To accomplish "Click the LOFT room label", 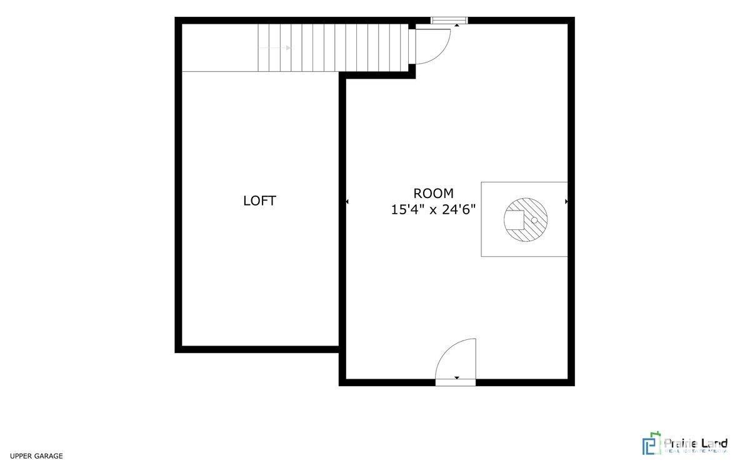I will coord(259,201).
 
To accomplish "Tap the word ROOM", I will coord(433,194).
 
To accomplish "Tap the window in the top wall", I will coord(449,20).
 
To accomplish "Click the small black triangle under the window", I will coord(457,24).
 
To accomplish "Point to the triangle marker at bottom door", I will coord(457,378).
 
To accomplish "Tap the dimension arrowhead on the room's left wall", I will coord(347,201).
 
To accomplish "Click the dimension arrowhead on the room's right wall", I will coord(566,201).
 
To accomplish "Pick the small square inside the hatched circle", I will coord(514,220).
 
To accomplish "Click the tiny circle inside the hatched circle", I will coord(534,220).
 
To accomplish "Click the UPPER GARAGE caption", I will coord(36,456).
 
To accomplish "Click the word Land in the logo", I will coord(714,445).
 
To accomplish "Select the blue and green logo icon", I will coord(651,444).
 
